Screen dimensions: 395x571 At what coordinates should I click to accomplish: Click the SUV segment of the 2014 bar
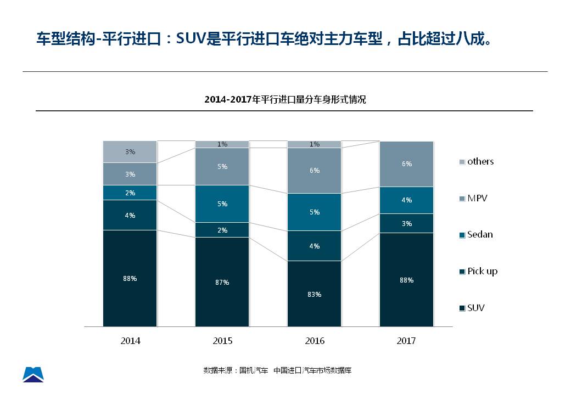(130, 278)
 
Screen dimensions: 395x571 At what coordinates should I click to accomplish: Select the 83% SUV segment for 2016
(315, 294)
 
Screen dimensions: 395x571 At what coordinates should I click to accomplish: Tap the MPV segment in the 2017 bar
(407, 164)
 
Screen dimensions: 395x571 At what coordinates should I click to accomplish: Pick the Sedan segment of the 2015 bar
(222, 204)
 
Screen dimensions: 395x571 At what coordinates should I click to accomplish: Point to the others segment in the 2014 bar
(130, 151)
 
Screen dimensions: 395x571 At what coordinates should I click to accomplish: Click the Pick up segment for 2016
(315, 246)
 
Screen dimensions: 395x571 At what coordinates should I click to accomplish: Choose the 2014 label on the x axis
(131, 341)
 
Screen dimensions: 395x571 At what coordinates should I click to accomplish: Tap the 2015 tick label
(222, 341)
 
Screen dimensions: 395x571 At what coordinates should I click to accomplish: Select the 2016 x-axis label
(315, 341)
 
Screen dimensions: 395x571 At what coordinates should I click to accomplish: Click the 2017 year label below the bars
(406, 341)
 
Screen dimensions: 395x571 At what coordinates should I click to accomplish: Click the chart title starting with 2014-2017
(285, 99)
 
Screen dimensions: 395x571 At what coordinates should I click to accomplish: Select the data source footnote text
(277, 370)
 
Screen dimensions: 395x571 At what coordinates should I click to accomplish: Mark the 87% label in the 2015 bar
(222, 282)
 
